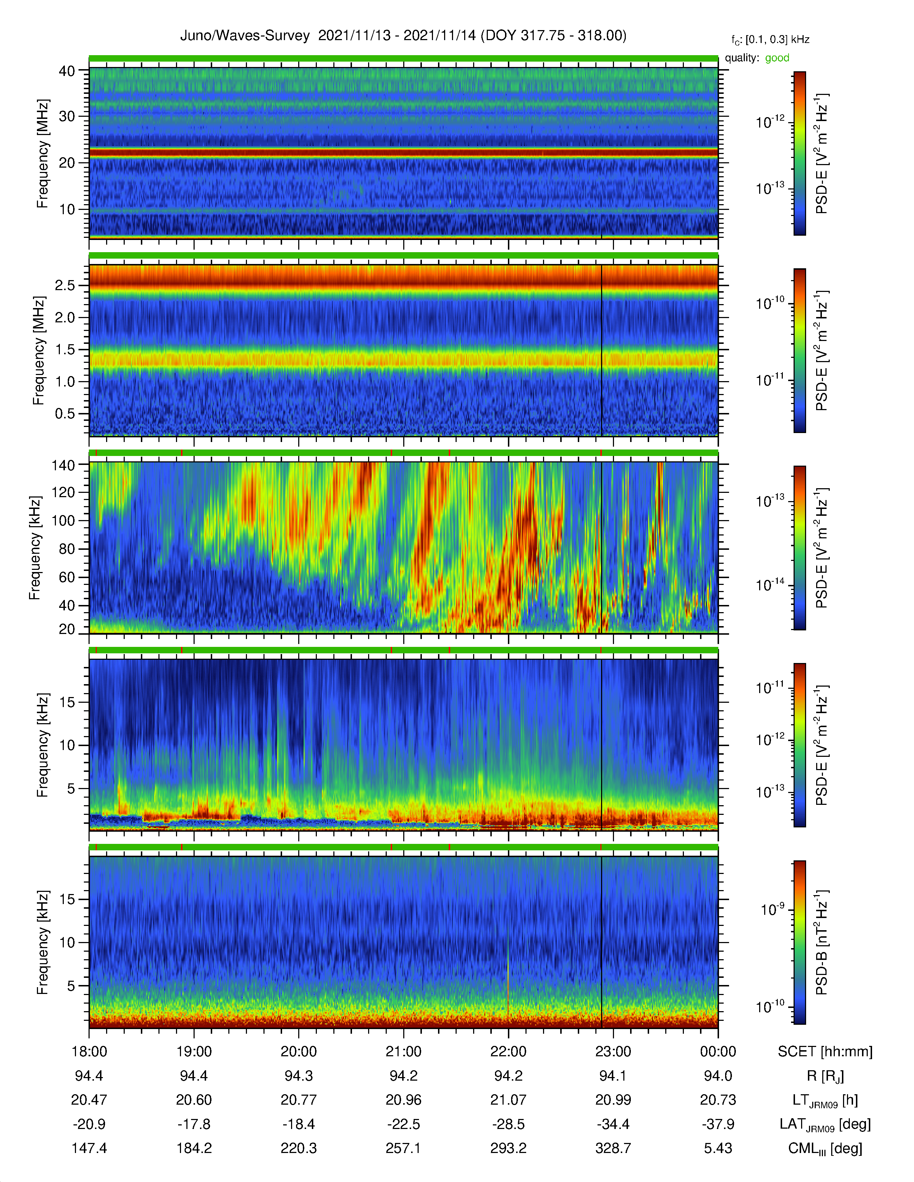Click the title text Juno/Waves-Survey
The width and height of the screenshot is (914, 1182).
pos(245,36)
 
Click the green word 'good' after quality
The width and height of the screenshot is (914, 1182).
pos(777,58)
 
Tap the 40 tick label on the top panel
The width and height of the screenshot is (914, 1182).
pos(67,71)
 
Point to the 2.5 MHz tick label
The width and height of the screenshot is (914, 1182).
pos(65,285)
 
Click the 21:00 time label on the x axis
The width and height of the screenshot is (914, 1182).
pos(403,1052)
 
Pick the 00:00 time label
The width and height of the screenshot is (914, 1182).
pos(718,1052)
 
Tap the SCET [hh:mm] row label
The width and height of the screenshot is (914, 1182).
pos(825,1052)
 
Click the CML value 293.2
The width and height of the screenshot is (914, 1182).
pos(509,1148)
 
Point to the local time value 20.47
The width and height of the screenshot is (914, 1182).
pos(89,1100)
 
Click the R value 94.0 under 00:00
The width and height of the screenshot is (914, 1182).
pos(718,1076)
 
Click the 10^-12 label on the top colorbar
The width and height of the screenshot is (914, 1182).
pos(771,122)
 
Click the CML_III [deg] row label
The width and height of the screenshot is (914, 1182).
pos(825,1148)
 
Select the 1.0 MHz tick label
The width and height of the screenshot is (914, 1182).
pos(65,381)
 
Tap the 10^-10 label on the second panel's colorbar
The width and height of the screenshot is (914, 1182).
pos(771,303)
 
